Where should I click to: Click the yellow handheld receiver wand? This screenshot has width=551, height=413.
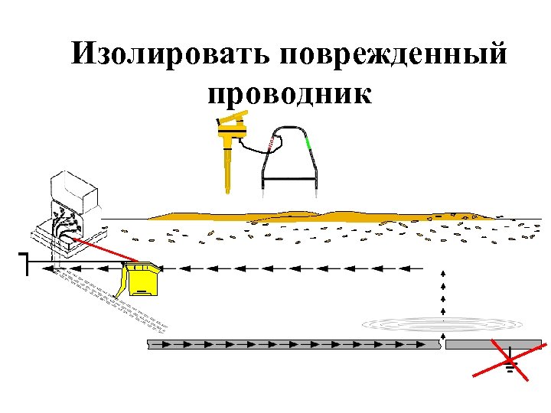228,153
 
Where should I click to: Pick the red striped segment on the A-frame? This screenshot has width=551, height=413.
270,142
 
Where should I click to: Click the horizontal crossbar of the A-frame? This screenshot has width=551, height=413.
289,178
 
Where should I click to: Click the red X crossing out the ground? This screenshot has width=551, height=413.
508,361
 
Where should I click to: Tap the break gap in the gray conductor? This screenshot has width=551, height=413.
445,344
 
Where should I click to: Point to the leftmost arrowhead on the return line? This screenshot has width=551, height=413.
47,268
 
